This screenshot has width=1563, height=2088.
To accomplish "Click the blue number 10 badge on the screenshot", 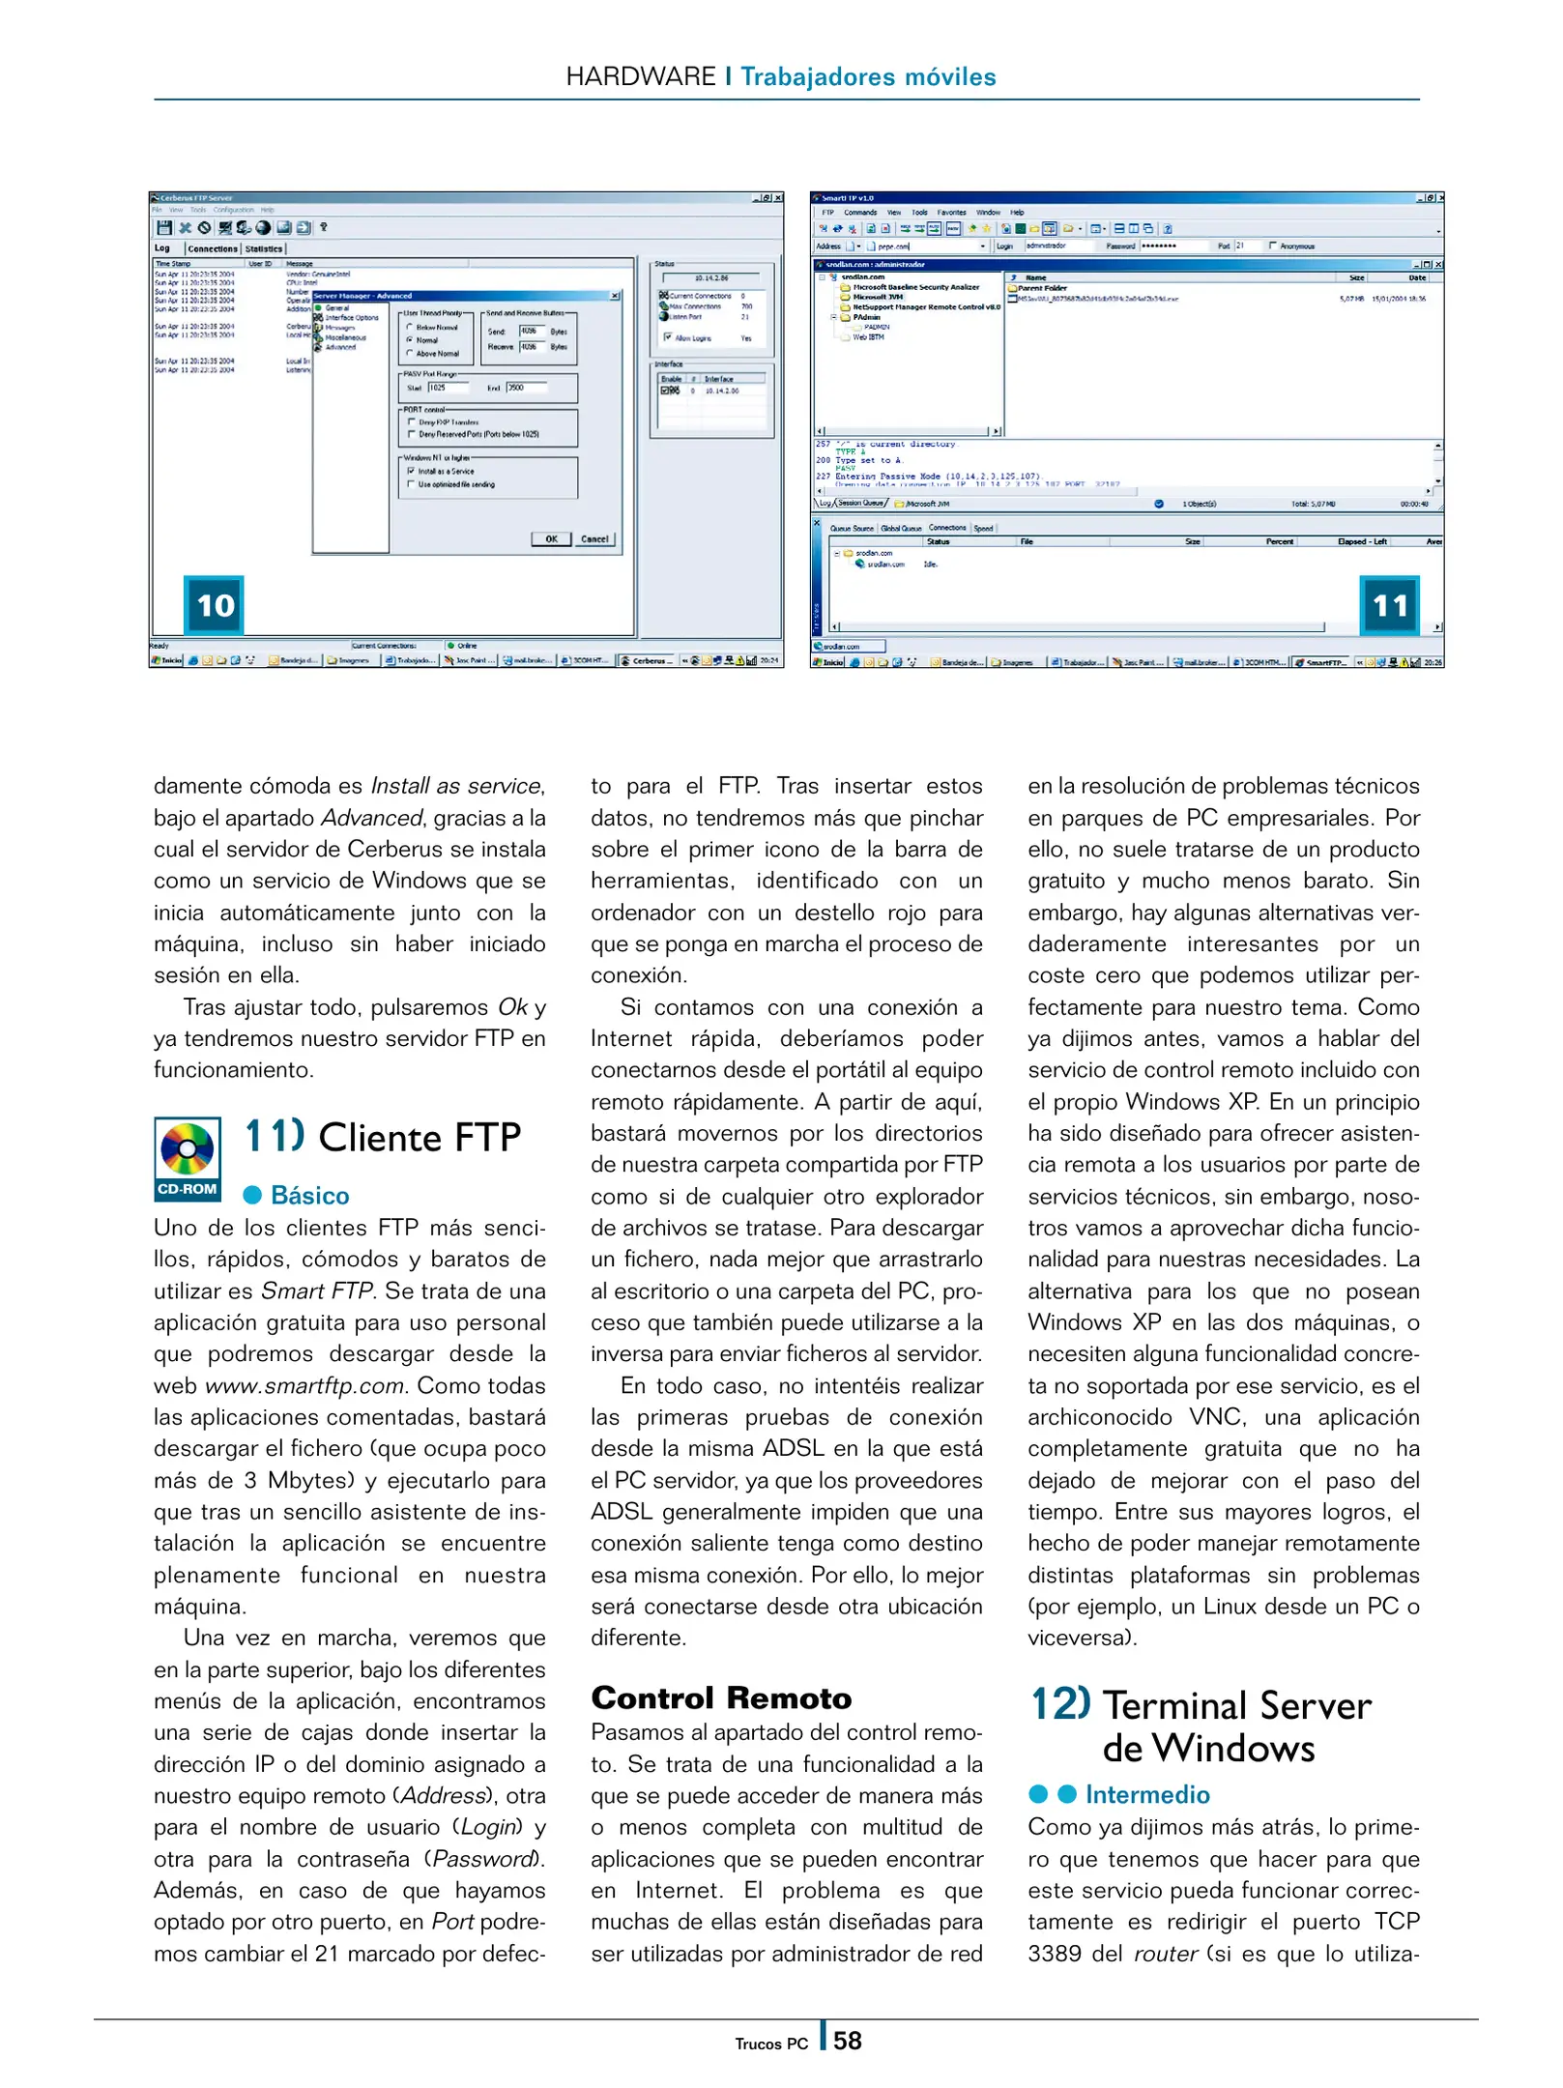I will (x=214, y=605).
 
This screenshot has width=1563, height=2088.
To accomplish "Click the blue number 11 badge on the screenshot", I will (x=1389, y=605).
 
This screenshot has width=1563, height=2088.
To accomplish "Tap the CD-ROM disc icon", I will (x=188, y=1149).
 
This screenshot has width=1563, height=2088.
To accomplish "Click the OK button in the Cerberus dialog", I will (x=550, y=539).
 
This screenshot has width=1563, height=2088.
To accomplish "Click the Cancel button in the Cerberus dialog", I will (x=594, y=539).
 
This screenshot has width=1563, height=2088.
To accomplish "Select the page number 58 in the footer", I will (x=848, y=2041).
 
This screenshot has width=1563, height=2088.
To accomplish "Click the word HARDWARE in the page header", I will (x=640, y=76).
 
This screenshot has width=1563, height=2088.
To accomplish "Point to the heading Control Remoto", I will (x=721, y=1697).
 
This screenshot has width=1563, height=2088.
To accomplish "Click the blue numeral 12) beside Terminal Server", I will (x=1060, y=1703).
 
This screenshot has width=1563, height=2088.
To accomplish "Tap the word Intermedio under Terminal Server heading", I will (x=1146, y=1794).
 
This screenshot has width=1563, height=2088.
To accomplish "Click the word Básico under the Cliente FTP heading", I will (x=309, y=1196).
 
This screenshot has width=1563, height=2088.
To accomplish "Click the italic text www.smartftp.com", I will (x=304, y=1385).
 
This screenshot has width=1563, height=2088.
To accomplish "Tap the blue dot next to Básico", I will (x=253, y=1196).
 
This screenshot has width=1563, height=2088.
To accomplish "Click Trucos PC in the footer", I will (x=770, y=2044).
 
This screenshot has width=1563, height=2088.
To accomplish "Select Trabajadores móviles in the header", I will (x=867, y=76).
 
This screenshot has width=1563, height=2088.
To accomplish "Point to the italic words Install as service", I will (x=457, y=786).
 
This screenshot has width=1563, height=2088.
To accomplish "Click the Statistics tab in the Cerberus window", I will (x=264, y=248).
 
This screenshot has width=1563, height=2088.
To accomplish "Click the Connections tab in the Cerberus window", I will (x=213, y=248).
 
